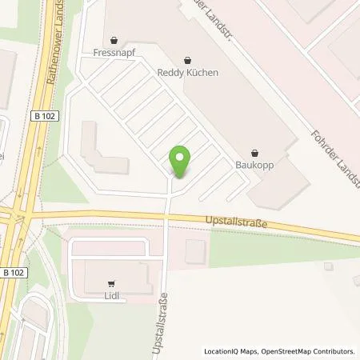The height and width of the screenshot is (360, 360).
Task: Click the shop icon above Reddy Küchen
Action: [x=188, y=58]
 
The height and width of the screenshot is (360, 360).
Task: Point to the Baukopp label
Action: [x=255, y=165]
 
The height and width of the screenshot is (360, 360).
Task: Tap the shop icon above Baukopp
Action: [x=255, y=151]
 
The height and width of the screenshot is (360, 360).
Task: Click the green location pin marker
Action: [x=181, y=163]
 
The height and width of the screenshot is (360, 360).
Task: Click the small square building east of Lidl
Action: [x=196, y=250]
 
